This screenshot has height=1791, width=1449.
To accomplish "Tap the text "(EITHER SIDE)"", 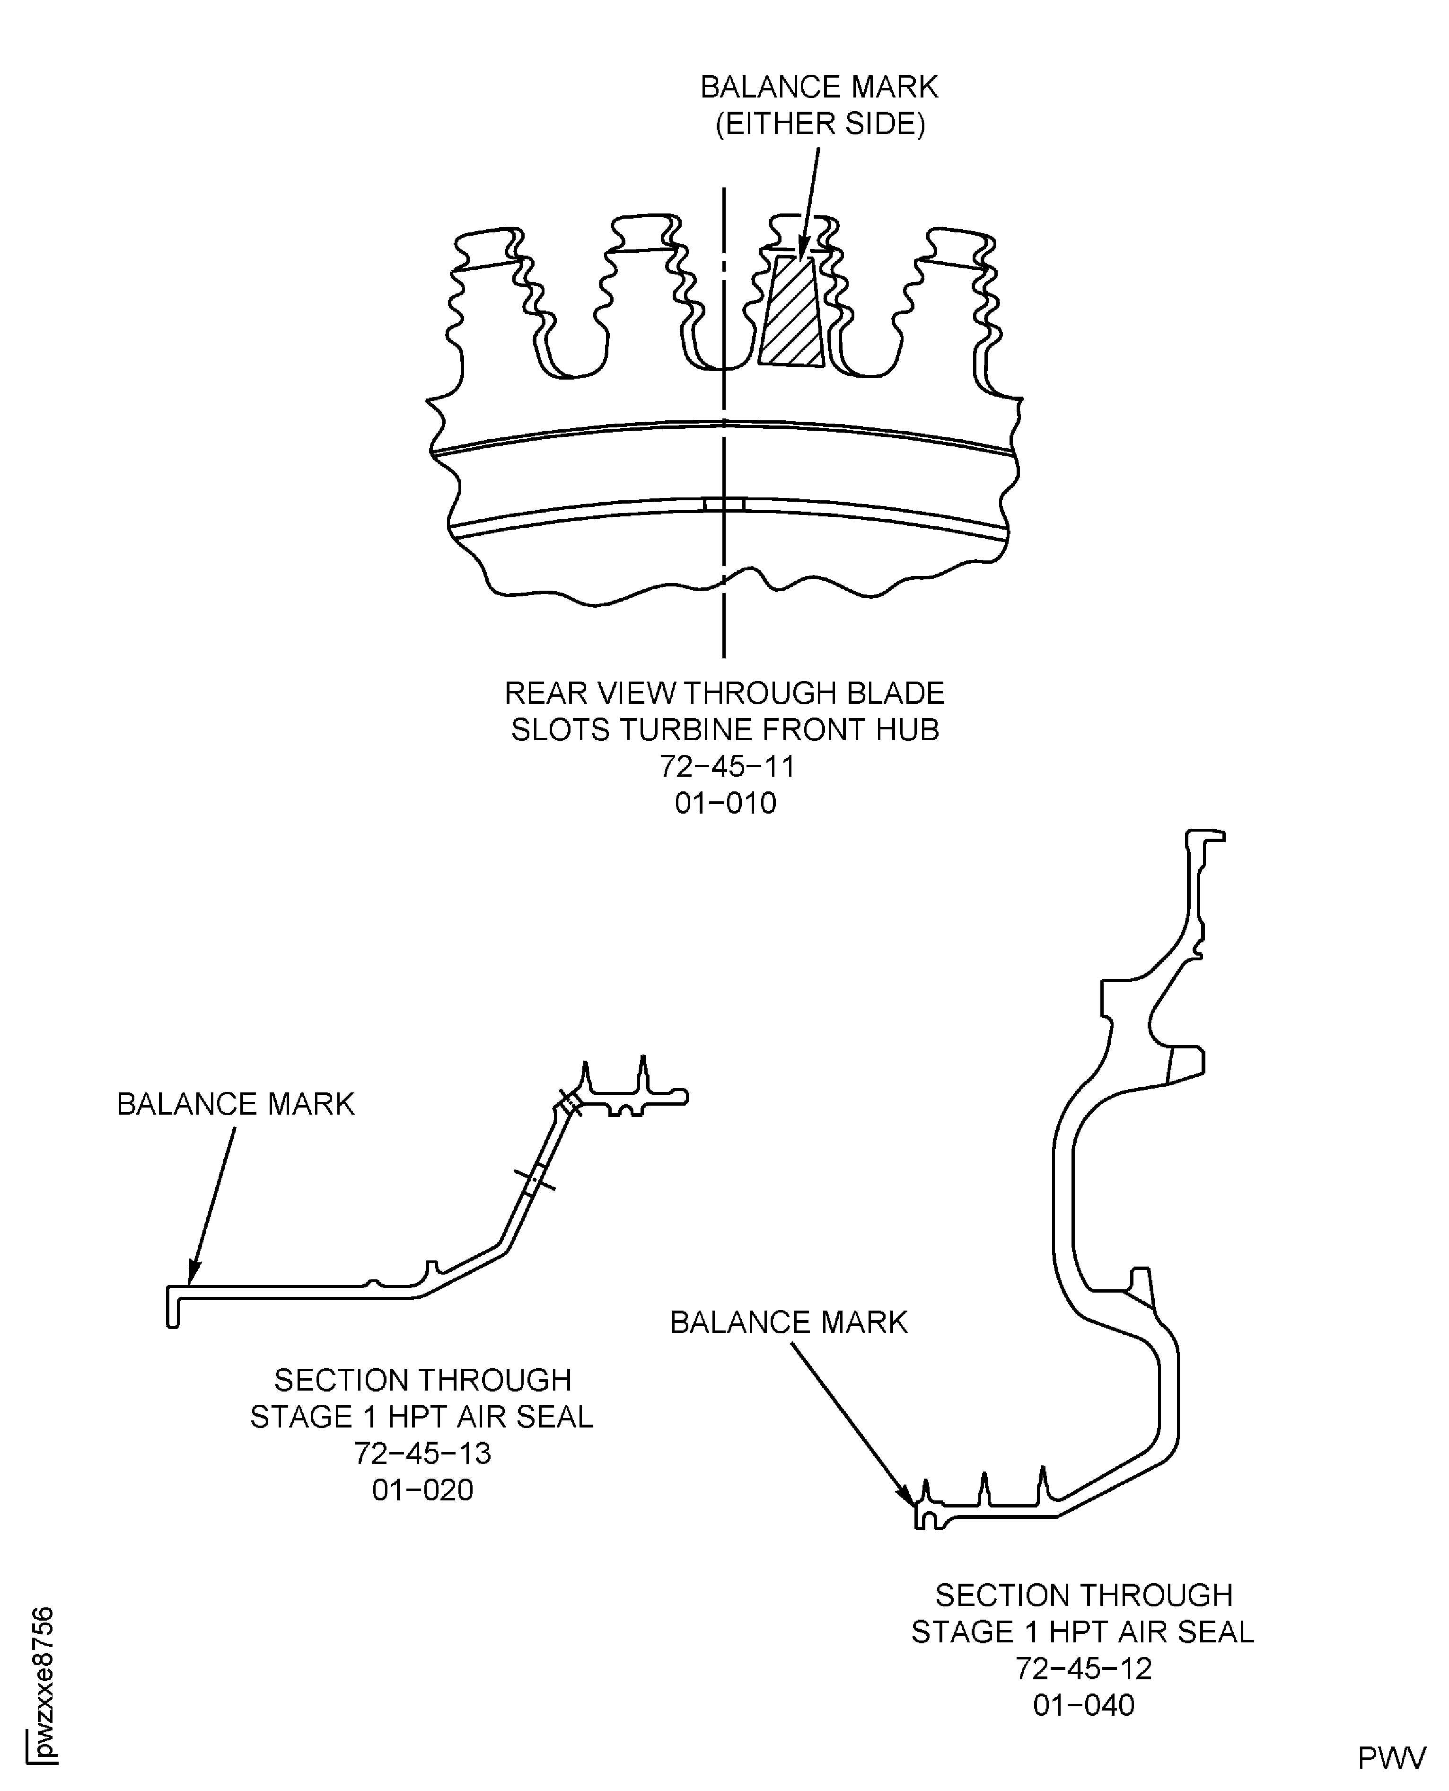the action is (820, 124).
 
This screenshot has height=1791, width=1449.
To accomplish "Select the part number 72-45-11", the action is (727, 766).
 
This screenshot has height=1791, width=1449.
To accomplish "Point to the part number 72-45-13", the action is (422, 1454).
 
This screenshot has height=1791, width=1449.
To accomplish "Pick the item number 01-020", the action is (422, 1490).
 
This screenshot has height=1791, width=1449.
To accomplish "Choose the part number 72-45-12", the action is (1083, 1668).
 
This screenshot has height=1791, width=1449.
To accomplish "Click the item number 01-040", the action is (1083, 1705).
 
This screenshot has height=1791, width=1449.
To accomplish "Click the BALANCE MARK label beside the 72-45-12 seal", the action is (789, 1322).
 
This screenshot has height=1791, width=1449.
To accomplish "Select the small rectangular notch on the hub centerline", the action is (724, 505).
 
